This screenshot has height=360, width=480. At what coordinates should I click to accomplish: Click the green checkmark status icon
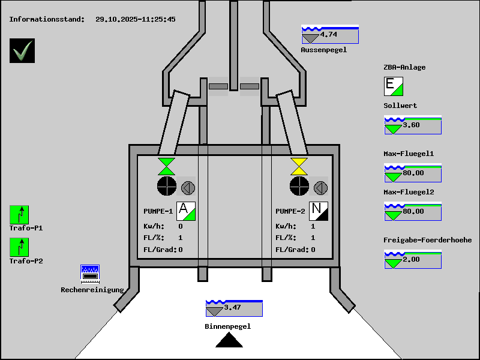(x=22, y=50)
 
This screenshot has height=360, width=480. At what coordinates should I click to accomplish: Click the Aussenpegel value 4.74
(x=329, y=35)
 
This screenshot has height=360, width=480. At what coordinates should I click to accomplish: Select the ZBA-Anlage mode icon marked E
(x=393, y=86)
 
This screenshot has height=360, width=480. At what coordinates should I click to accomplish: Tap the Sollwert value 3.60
(x=412, y=125)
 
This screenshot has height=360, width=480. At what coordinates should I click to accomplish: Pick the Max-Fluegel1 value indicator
(x=412, y=173)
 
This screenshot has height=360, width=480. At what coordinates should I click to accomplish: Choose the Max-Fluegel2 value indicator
(x=412, y=212)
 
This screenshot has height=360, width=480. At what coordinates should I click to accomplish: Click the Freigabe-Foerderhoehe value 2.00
(x=412, y=260)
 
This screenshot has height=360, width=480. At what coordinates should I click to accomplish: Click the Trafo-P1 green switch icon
(x=19, y=214)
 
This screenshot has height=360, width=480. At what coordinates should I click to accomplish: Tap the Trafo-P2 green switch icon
(x=19, y=247)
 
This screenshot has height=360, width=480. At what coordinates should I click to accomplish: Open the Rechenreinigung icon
(x=90, y=274)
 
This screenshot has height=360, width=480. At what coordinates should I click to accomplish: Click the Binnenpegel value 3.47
(x=233, y=308)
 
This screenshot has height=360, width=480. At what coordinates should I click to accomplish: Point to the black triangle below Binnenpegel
(x=229, y=341)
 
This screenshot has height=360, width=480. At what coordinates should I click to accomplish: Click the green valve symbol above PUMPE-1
(x=166, y=166)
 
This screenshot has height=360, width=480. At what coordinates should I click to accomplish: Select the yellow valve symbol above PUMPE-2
(x=299, y=166)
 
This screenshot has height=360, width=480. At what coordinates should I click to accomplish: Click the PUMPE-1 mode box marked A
(x=186, y=211)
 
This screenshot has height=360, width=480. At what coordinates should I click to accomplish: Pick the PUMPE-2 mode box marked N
(x=319, y=211)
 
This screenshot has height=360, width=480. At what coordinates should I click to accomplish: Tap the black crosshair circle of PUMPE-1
(x=166, y=187)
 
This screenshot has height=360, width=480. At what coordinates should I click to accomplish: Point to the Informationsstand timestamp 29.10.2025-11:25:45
(x=136, y=19)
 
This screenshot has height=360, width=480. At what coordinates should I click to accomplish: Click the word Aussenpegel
(x=324, y=50)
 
